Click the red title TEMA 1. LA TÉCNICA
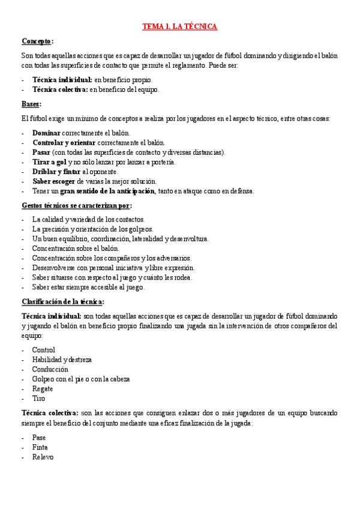[x=179, y=26]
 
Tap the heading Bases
[x=31, y=104]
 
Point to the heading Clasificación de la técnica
[x=62, y=301]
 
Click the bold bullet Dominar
[x=46, y=133]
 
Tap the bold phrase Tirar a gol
[x=50, y=162]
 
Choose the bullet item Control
[x=43, y=350]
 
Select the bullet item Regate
[x=43, y=388]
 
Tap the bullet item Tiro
[x=38, y=398]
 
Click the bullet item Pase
[x=39, y=438]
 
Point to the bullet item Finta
[x=40, y=447]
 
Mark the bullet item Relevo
[x=43, y=457]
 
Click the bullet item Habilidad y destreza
[x=62, y=360]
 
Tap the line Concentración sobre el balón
[x=76, y=248]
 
